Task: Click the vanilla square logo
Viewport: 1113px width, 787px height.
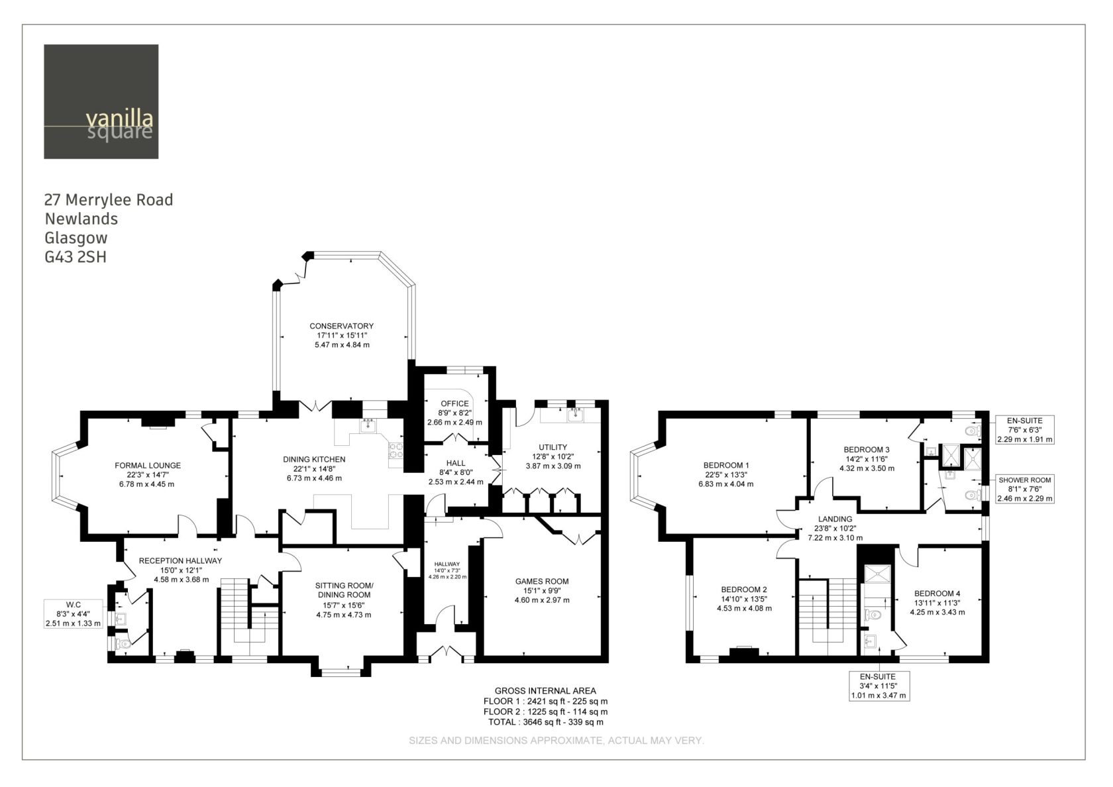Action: [101, 102]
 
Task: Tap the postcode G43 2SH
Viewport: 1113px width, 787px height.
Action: [76, 257]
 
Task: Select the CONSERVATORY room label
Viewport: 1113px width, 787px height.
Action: [341, 326]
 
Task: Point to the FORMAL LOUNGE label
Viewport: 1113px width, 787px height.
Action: [148, 466]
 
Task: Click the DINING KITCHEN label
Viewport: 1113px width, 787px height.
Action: [314, 460]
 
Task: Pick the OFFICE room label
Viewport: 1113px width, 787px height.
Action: [454, 403]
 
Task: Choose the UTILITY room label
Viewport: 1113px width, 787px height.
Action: [553, 447]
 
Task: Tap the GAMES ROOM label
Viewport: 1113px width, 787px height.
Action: [542, 582]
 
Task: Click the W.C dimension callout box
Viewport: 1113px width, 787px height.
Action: [73, 613]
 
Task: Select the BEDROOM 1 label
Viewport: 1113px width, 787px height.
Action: [726, 466]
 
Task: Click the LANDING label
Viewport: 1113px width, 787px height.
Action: [835, 519]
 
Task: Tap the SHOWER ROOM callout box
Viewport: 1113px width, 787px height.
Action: [1025, 490]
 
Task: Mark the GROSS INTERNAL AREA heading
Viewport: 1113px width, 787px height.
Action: [545, 690]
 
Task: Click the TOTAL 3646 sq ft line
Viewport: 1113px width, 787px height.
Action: [546, 722]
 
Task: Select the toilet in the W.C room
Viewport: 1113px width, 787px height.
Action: [122, 645]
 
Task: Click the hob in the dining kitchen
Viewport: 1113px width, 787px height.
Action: [396, 451]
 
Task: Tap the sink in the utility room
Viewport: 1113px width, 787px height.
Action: [575, 415]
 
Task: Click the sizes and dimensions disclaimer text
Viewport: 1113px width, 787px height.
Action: [556, 741]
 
